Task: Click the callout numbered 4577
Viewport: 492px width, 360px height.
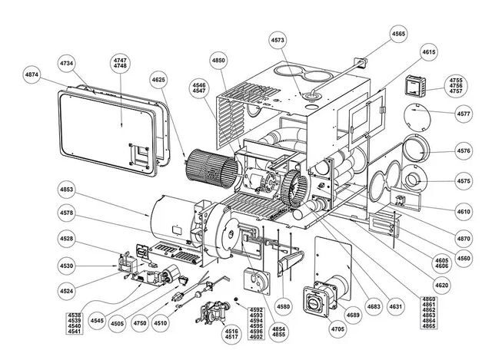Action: click(463, 114)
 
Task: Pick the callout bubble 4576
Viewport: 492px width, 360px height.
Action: click(463, 150)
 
